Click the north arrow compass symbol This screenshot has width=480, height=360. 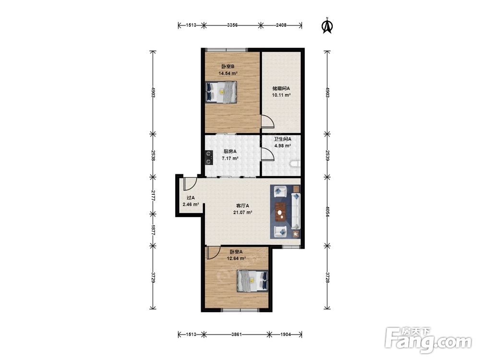click(x=327, y=25)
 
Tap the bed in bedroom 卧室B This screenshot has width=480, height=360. click(x=221, y=92)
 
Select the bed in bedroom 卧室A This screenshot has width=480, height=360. click(x=252, y=281)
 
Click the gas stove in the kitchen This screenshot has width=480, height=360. click(x=209, y=157)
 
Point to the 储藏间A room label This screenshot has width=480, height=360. click(x=281, y=88)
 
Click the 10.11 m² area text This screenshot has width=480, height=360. click(x=281, y=95)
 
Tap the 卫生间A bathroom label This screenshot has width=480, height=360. click(x=282, y=139)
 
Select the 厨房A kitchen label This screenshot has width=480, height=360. click(x=230, y=151)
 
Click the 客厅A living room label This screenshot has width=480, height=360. click(x=242, y=206)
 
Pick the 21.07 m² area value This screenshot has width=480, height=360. click(x=242, y=213)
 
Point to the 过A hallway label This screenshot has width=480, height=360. click(x=191, y=198)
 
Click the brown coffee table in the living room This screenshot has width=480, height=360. click(x=280, y=212)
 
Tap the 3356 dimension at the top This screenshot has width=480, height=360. click(x=232, y=25)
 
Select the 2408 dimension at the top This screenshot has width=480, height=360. click(x=281, y=25)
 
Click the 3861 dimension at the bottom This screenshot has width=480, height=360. click(x=236, y=334)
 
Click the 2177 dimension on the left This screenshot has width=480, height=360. click(x=153, y=195)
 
